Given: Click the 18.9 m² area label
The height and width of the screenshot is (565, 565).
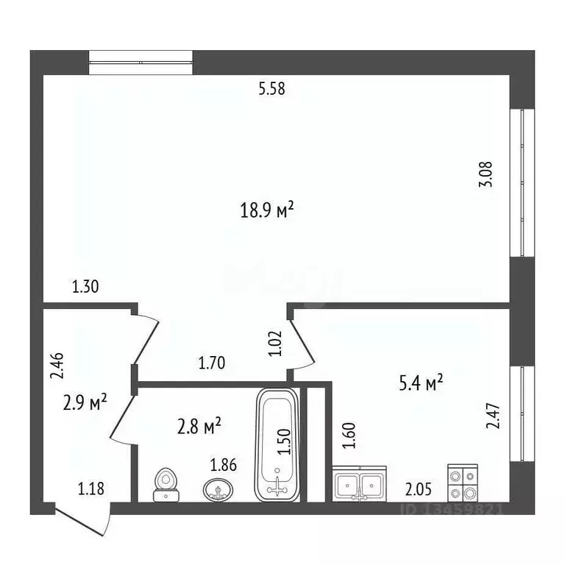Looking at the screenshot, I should [x=267, y=210].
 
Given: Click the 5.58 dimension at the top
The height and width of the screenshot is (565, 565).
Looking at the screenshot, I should [x=271, y=90].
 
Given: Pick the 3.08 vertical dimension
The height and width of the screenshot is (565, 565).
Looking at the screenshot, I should [x=486, y=174].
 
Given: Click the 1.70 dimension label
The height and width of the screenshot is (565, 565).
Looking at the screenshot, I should [x=212, y=362].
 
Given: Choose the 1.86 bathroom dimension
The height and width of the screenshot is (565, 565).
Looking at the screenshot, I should [x=224, y=465].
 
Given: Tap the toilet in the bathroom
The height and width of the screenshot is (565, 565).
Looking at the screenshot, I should [x=166, y=486].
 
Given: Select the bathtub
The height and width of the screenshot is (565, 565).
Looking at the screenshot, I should [x=277, y=444].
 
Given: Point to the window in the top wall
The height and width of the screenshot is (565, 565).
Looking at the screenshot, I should [x=141, y=62].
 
